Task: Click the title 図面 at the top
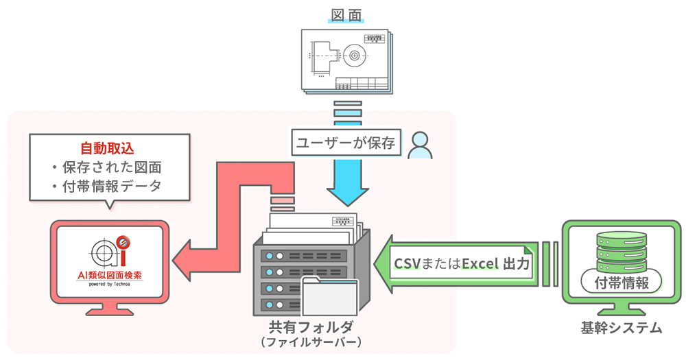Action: pyautogui.click(x=346, y=14)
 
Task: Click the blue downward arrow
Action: pyautogui.click(x=347, y=181)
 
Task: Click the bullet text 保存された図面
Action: pyautogui.click(x=110, y=167)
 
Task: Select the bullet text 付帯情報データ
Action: pyautogui.click(x=110, y=187)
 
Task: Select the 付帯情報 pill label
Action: pyautogui.click(x=622, y=281)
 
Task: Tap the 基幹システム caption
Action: pyautogui.click(x=622, y=328)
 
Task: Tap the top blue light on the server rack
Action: pyautogui.click(x=269, y=255)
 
